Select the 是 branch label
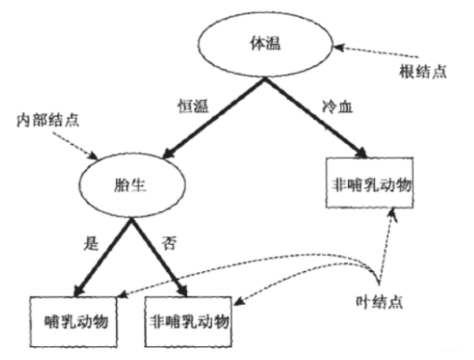coord(91,244)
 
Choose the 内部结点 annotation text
coord(45,122)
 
